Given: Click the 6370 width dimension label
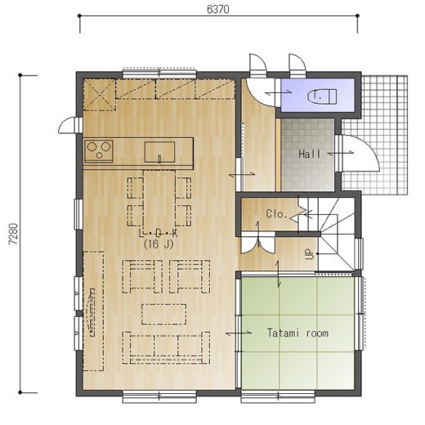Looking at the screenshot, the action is coord(218,9).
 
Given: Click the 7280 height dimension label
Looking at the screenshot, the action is coord(13,235).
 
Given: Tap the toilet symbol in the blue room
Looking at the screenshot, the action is coord(322,96).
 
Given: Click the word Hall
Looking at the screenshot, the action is coord(310,154).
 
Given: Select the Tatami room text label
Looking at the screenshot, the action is coord(297,333).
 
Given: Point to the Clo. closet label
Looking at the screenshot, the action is coord(277,214).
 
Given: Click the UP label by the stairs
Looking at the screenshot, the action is coord(309,254).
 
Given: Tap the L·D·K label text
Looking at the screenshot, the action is coord(159,233).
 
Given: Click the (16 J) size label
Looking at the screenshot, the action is coord(159,244).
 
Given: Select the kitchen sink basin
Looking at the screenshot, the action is coord(159,152).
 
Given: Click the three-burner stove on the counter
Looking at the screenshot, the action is coord(99,151).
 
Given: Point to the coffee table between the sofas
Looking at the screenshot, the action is coord(164,314).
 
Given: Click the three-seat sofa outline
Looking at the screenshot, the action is coord(166,348).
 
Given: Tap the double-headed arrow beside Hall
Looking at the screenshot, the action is coord(341,154).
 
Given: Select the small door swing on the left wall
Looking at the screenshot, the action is coord(67,126).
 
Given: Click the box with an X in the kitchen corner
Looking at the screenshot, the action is coord(100,95).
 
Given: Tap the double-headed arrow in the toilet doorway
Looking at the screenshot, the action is coord(279,92).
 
